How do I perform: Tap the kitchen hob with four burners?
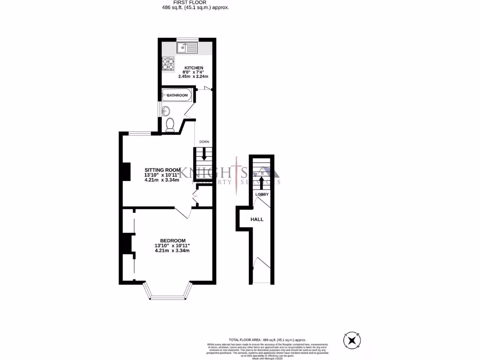168,64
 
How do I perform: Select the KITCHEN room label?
194,68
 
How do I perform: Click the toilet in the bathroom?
170,124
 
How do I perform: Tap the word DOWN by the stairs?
204,142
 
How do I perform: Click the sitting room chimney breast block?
126,172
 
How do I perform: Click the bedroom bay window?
168,294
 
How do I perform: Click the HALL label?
257,219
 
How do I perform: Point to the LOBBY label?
262,194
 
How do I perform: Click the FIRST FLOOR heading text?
193,2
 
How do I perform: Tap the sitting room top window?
140,134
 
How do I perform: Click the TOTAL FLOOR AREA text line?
267,339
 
